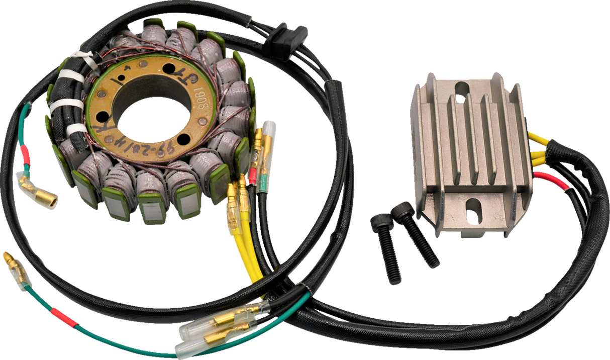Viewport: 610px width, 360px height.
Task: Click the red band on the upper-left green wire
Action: point(26,152)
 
